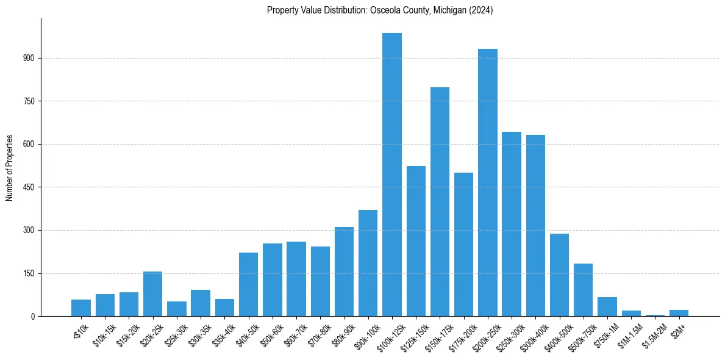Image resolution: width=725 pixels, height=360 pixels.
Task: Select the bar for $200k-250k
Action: pyautogui.click(x=488, y=182)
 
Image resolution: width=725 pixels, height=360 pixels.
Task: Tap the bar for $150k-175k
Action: pyautogui.click(x=440, y=202)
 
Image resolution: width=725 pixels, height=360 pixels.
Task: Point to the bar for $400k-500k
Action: pyautogui.click(x=559, y=275)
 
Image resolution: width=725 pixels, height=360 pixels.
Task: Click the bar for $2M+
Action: pyautogui.click(x=679, y=313)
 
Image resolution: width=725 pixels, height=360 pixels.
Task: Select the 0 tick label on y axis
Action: pyautogui.click(x=34, y=317)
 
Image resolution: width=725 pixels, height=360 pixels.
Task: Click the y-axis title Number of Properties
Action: pyautogui.click(x=10, y=167)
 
